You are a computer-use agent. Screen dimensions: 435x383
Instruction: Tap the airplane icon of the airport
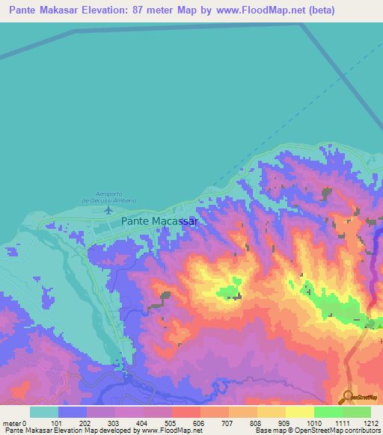(109, 209)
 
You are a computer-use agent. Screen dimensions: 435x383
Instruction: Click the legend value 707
(225, 424)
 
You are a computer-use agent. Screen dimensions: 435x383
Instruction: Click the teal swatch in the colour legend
(43, 412)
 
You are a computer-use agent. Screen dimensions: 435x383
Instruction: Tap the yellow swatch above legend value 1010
(299, 412)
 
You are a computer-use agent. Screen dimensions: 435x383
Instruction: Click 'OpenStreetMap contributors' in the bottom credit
(344, 431)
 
